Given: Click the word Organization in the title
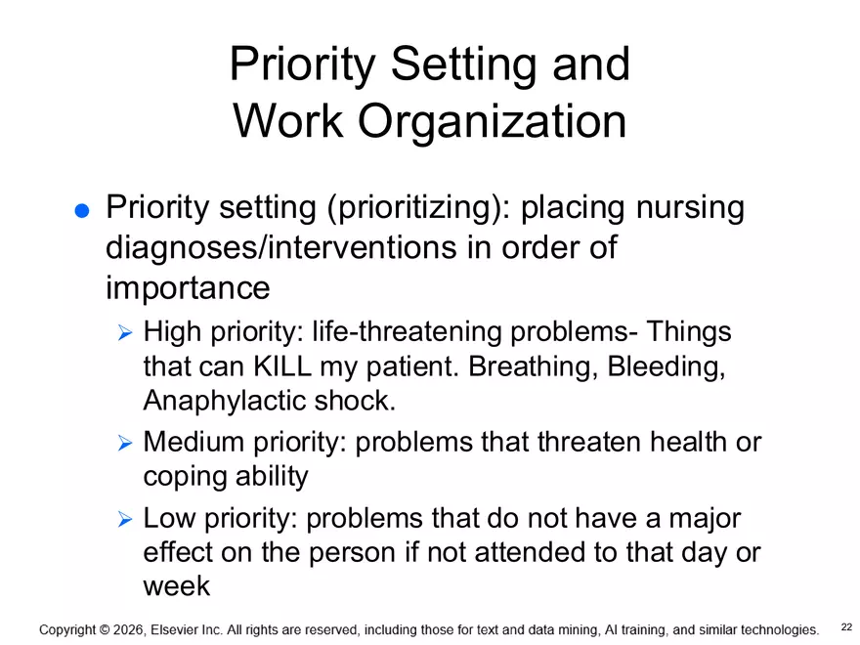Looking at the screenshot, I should tap(492, 122).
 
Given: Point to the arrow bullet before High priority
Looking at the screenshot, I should tap(124, 334).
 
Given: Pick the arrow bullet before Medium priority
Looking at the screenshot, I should tap(124, 444).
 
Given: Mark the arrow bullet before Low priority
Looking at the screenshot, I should tap(124, 520).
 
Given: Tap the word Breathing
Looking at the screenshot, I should tap(533, 366).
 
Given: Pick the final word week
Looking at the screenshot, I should tap(176, 585).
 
